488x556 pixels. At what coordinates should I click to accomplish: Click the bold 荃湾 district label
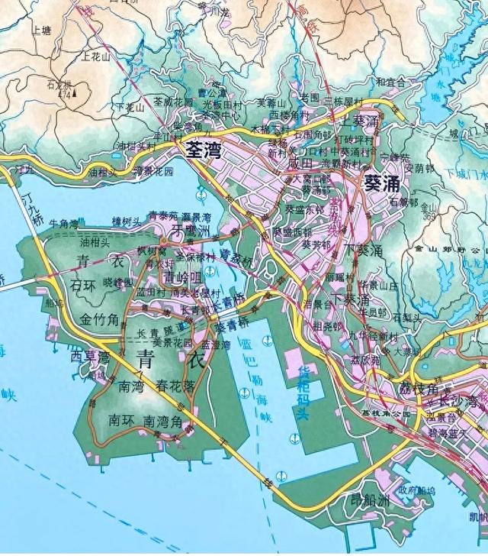click(x=204, y=150)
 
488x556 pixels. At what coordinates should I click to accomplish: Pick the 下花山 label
click(x=130, y=108)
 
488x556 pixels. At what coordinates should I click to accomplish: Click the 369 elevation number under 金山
click(x=427, y=216)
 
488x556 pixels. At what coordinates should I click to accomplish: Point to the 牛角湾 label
click(x=64, y=224)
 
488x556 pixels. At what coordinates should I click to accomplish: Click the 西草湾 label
click(x=91, y=356)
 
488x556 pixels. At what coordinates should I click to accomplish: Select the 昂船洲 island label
click(x=369, y=501)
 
